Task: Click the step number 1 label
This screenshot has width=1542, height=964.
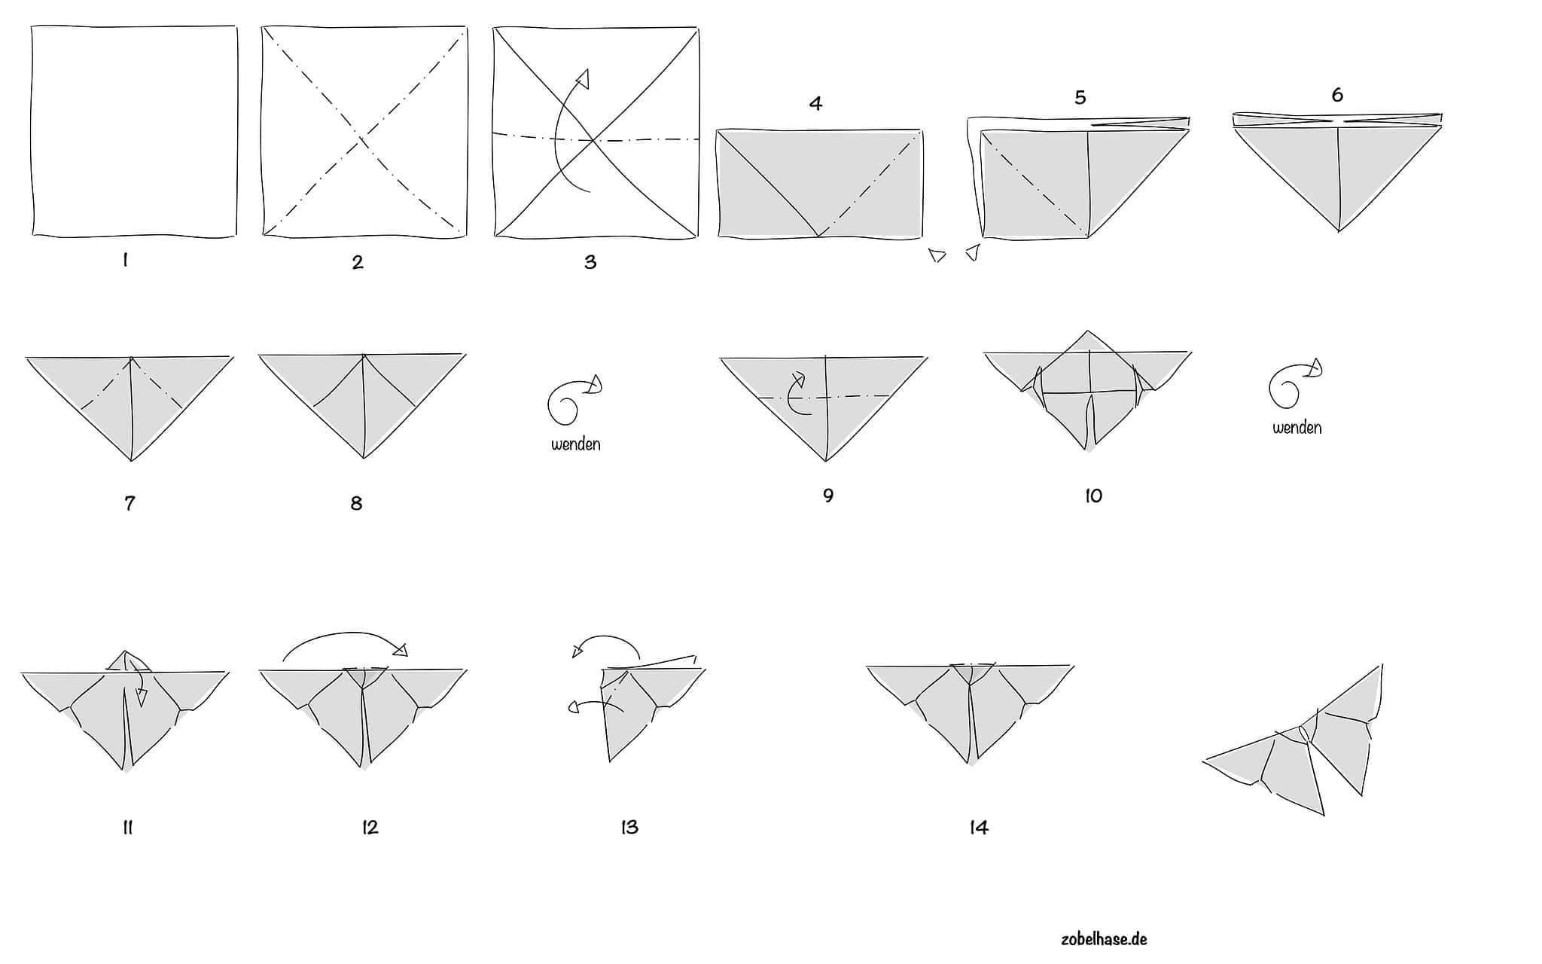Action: [125, 261]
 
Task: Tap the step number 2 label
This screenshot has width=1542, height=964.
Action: [358, 262]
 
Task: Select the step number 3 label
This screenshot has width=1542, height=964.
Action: [590, 262]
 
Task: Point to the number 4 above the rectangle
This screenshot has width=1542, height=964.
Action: [815, 103]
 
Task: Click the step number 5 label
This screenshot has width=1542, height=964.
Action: [1080, 97]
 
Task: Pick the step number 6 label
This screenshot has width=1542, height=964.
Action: [1337, 94]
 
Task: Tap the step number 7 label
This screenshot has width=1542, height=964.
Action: [130, 502]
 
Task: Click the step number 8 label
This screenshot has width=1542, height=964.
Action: [357, 503]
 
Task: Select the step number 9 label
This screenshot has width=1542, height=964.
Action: [828, 495]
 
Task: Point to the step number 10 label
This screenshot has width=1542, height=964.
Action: [1093, 496]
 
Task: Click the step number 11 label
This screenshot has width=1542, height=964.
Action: [127, 828]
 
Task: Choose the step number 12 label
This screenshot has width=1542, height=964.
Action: [370, 827]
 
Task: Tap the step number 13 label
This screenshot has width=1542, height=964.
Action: [629, 827]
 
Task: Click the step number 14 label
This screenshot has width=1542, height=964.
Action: [979, 828]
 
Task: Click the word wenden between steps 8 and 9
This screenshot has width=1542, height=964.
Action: [576, 444]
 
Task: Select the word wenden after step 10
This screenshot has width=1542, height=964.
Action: [1297, 428]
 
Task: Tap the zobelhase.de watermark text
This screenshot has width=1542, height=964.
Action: [1104, 938]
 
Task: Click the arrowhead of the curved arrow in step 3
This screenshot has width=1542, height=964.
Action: [583, 78]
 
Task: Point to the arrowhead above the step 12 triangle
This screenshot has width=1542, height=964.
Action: [401, 650]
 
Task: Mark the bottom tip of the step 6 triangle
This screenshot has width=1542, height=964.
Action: [1339, 231]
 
